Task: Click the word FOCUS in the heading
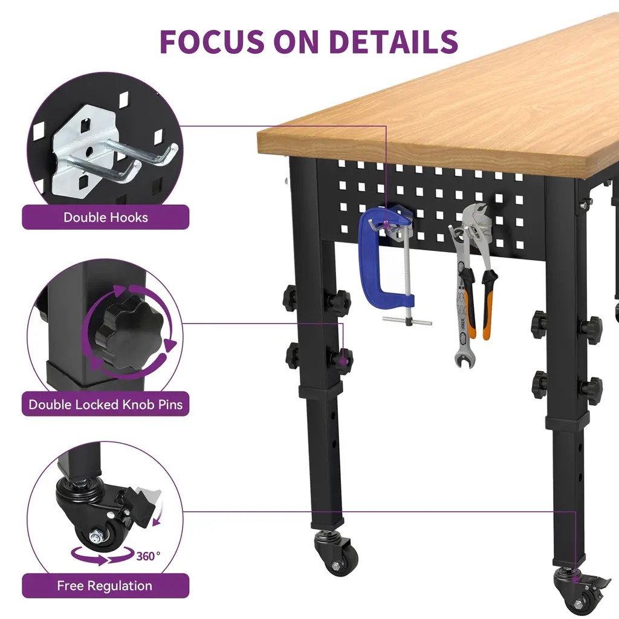click(212, 42)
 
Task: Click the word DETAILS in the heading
click(393, 42)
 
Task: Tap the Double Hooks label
click(105, 217)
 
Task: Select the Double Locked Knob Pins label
click(105, 404)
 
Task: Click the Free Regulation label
click(105, 585)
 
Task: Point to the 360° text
click(148, 556)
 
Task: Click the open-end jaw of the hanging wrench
click(465, 360)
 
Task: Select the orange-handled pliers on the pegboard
click(479, 273)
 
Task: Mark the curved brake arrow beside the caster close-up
click(158, 514)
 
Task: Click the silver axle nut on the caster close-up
click(96, 537)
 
